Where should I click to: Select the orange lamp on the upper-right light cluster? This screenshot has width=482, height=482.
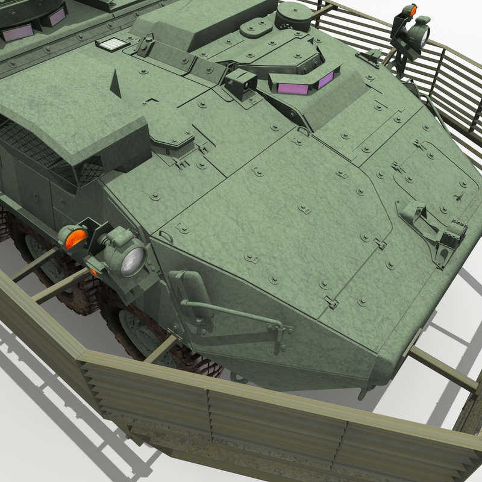tap(412, 10)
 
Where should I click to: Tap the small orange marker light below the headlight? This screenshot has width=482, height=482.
tap(94, 271)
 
